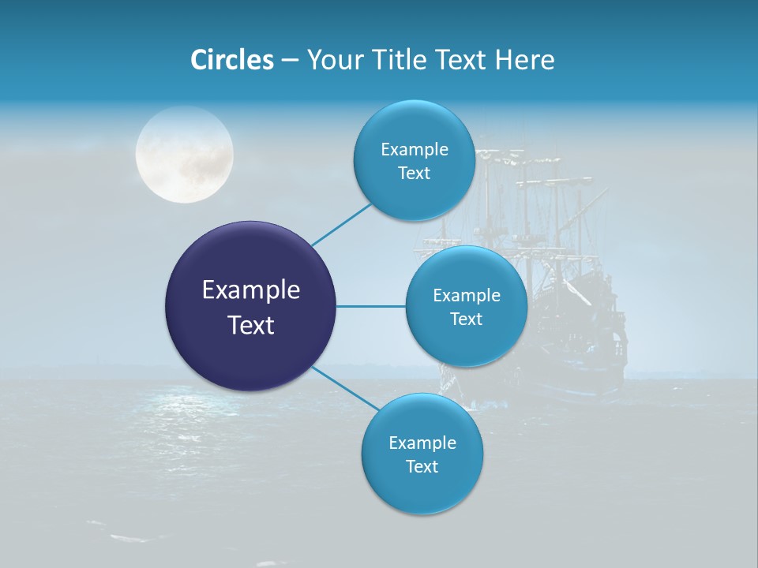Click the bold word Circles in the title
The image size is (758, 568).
coord(231,60)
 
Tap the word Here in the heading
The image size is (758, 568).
coord(524,60)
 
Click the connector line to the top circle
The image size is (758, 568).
coord(341,224)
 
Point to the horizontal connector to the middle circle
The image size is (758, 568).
coord(370,306)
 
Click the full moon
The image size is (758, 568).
coord(185,155)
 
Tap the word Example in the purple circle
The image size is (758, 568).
coord(251,290)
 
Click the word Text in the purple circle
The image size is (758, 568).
coord(251,325)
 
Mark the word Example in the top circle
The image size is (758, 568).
coord(415,150)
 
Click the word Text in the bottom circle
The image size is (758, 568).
coord(422,466)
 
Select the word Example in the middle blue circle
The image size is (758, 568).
coord(467,296)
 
